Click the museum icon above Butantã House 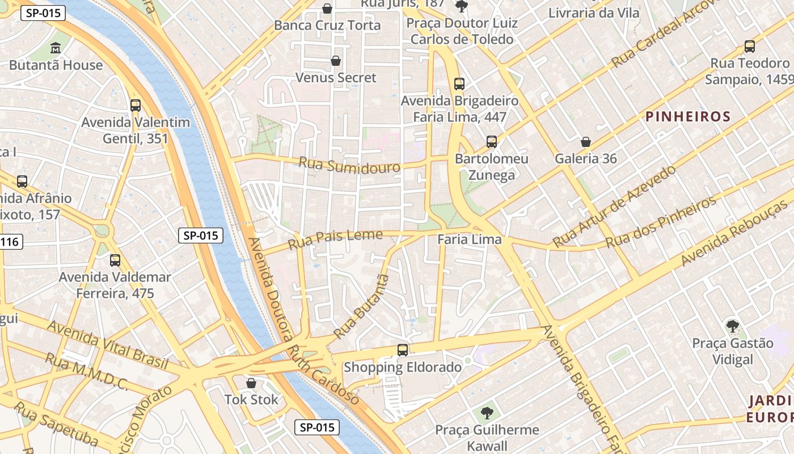coord(56,48)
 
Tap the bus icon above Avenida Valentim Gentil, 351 coord(135,105)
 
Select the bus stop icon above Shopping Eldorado coord(403,350)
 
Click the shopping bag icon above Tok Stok coord(251,383)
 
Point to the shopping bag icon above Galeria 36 coord(585,142)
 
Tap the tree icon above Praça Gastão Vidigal coord(732,326)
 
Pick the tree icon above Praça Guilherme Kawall coord(487,413)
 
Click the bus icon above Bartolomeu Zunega coord(491,142)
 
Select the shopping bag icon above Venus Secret coord(336,61)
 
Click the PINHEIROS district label coord(688,117)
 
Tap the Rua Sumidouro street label coord(349,165)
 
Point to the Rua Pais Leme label coord(335,239)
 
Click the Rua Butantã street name coord(362,306)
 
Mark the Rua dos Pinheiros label coord(661,222)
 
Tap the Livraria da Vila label coord(594,12)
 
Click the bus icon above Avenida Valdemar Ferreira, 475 coord(115,260)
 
